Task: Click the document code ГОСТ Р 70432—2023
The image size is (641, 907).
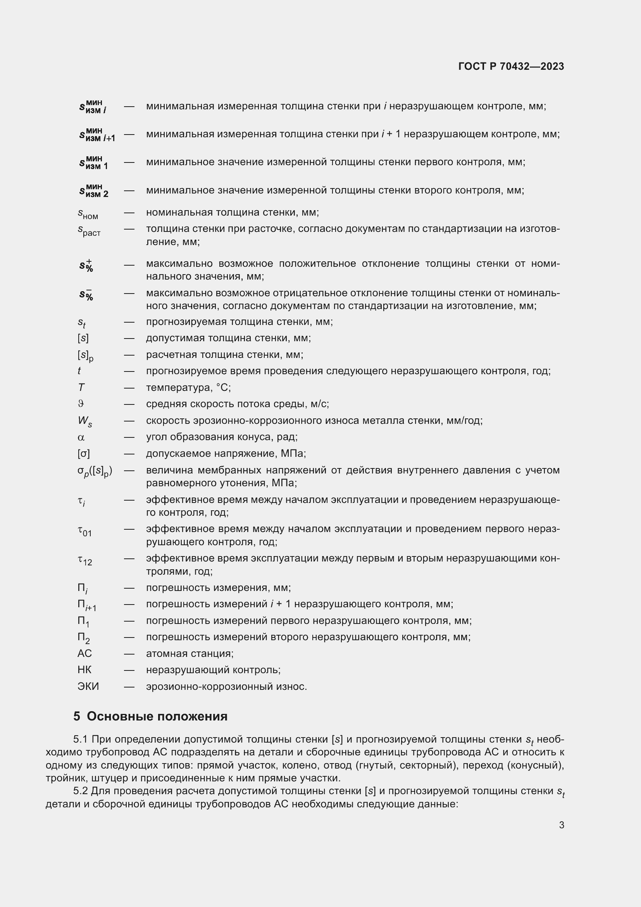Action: [511, 66]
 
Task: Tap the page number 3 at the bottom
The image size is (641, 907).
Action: [561, 825]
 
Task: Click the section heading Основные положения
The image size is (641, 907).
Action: [157, 716]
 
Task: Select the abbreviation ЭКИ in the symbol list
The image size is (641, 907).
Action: [88, 686]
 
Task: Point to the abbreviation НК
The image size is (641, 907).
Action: [84, 670]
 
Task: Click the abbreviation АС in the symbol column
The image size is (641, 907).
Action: [84, 653]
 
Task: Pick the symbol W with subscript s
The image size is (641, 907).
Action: [85, 421]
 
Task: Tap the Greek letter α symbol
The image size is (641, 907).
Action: [81, 437]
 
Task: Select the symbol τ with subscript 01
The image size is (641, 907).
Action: [84, 530]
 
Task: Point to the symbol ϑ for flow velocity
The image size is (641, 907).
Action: [81, 404]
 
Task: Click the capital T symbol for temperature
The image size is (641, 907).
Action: [81, 387]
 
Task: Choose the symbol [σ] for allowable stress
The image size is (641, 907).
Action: [84, 454]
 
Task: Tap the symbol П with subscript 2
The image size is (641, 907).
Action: [84, 637]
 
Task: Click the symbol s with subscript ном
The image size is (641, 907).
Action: [88, 214]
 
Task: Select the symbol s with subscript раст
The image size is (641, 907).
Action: [89, 230]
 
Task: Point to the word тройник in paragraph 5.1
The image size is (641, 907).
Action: [65, 778]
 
